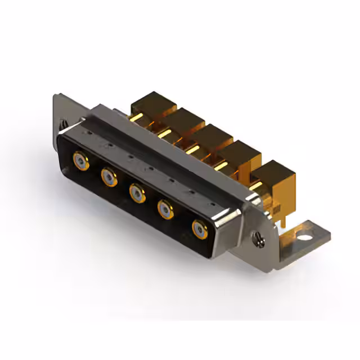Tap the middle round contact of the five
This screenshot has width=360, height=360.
pyautogui.click(x=137, y=193)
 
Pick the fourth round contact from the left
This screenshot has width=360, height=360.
pyautogui.click(x=166, y=210)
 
